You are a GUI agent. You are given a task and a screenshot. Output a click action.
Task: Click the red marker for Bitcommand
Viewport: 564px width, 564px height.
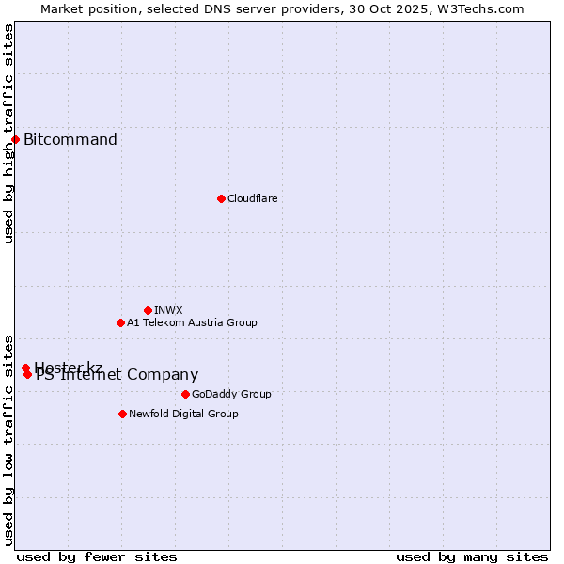15,140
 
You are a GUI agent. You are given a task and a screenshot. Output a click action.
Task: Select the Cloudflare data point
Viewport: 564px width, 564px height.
221,198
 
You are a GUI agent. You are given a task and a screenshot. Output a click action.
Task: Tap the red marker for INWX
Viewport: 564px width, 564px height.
148,310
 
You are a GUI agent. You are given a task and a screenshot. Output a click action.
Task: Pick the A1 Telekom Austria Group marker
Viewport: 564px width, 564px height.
120,322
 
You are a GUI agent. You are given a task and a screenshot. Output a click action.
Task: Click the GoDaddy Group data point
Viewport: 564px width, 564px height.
185,394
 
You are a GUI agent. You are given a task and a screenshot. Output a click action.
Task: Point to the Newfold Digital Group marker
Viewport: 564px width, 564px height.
122,414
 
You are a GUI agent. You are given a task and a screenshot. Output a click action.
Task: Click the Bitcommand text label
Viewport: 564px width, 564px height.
70,140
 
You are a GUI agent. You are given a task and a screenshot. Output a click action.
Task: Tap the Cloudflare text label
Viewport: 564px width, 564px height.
252,198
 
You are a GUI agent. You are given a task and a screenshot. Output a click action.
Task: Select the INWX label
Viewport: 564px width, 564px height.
168,310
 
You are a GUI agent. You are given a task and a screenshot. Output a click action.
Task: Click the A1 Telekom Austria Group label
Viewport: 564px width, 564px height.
192,322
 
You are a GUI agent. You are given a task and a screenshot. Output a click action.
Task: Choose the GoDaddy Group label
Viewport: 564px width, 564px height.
231,394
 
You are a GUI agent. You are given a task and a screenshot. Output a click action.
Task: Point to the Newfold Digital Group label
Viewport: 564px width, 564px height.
183,414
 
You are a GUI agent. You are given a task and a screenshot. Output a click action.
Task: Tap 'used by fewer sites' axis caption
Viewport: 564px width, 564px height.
97,556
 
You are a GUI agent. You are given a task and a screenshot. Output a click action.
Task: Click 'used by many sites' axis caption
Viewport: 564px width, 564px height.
472,556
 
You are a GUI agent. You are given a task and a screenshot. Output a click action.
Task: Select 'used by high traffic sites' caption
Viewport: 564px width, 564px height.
8,133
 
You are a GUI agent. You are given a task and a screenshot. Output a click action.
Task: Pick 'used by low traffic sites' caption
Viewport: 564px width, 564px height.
8,439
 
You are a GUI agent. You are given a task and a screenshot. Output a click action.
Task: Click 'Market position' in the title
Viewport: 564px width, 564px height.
83,8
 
